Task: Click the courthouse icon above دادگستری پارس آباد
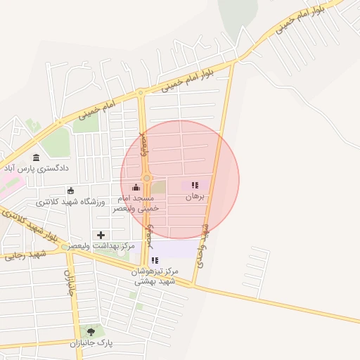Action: pos(36,157)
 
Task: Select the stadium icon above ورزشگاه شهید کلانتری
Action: pos(70,191)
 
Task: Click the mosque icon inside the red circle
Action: pos(136,187)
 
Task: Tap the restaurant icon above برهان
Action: pos(195,186)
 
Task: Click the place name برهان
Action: pos(195,198)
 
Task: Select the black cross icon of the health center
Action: pos(101,235)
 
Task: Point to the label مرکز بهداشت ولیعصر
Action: pos(108,246)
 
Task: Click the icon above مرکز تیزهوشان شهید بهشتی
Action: pos(155,260)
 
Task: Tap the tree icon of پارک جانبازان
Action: pos(91,331)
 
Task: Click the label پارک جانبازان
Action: pos(91,344)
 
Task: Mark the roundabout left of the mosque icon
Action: pos(146,179)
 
